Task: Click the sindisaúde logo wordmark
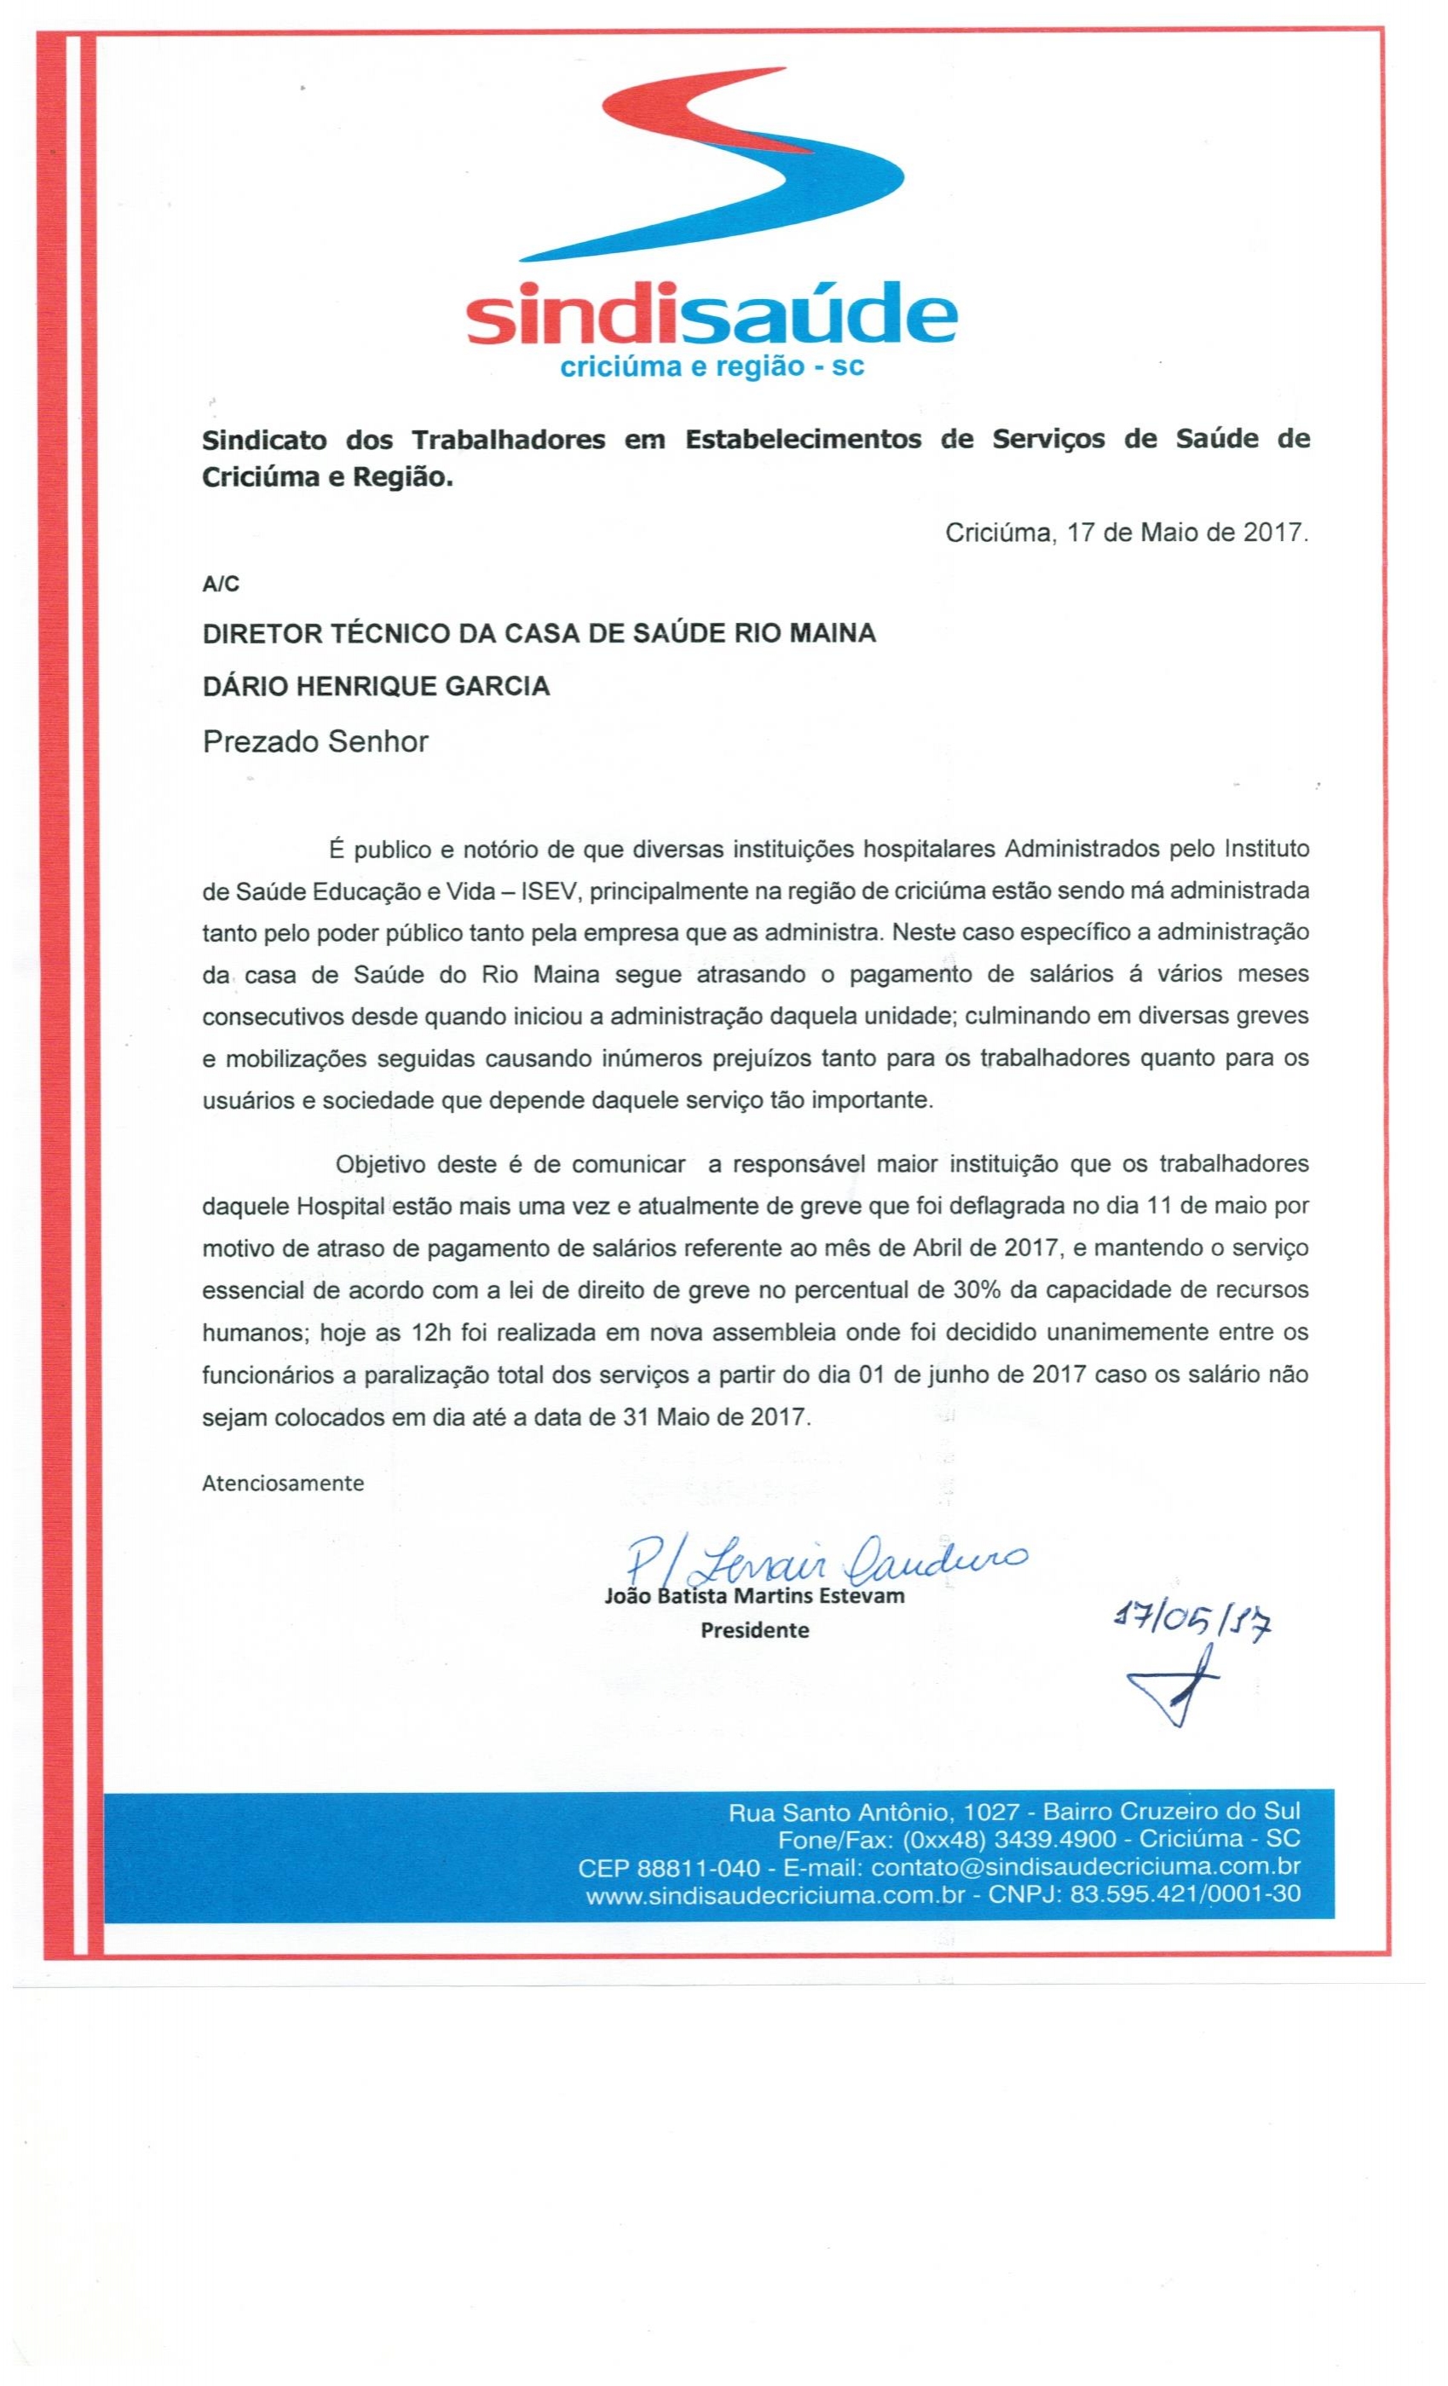(x=711, y=314)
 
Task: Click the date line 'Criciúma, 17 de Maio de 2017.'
(x=1127, y=533)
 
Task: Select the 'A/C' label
(x=220, y=584)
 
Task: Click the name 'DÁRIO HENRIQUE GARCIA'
(x=376, y=687)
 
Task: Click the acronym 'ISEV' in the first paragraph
(x=548, y=890)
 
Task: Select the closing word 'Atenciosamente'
(x=283, y=1484)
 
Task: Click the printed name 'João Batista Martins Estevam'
(x=753, y=1596)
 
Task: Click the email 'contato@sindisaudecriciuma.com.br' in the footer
(x=1085, y=1867)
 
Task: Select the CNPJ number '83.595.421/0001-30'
(x=1185, y=1895)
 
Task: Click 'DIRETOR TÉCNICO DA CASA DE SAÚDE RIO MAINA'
(x=539, y=633)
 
